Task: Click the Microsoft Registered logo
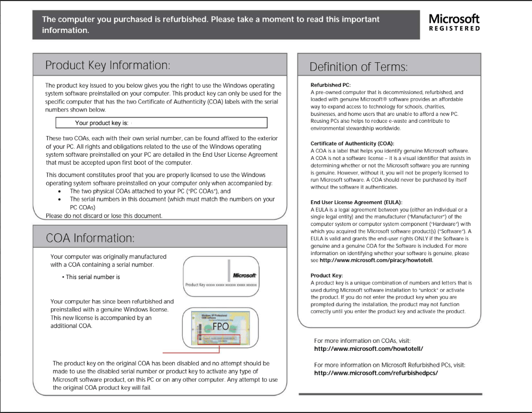(x=454, y=23)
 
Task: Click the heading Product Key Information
(x=108, y=65)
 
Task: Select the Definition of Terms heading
(x=359, y=67)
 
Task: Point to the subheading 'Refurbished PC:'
(x=331, y=85)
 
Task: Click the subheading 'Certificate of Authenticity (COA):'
(x=352, y=144)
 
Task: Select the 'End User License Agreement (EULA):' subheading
(x=356, y=203)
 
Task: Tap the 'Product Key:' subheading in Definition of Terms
(x=327, y=275)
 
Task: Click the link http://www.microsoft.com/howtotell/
(x=368, y=349)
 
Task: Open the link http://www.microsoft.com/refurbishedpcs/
(x=376, y=373)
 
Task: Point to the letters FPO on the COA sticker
(x=220, y=326)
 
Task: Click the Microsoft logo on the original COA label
(x=244, y=275)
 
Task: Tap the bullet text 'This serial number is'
(x=92, y=277)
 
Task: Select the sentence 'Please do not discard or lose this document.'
(x=104, y=216)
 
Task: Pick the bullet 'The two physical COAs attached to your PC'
(x=150, y=191)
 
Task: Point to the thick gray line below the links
(x=390, y=394)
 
